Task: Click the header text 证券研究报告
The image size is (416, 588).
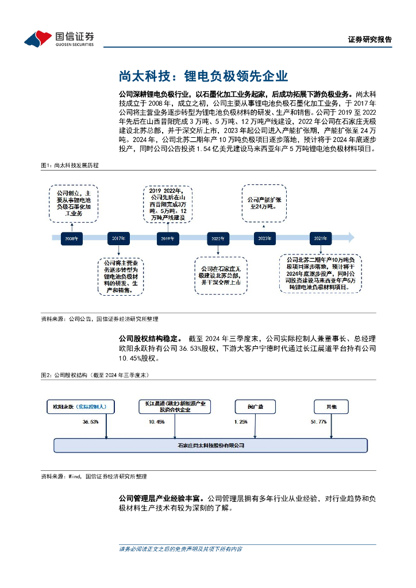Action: coord(370,40)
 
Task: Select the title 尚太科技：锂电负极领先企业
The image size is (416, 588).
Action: coord(203,76)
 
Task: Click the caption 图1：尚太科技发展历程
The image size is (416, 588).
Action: coord(70,165)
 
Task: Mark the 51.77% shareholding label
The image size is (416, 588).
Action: coord(318,422)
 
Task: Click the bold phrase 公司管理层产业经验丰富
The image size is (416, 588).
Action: coord(161,498)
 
